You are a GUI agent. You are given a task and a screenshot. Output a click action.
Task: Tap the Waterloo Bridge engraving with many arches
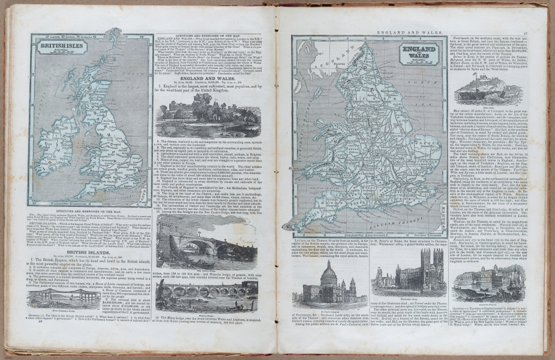coord(206,296)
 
